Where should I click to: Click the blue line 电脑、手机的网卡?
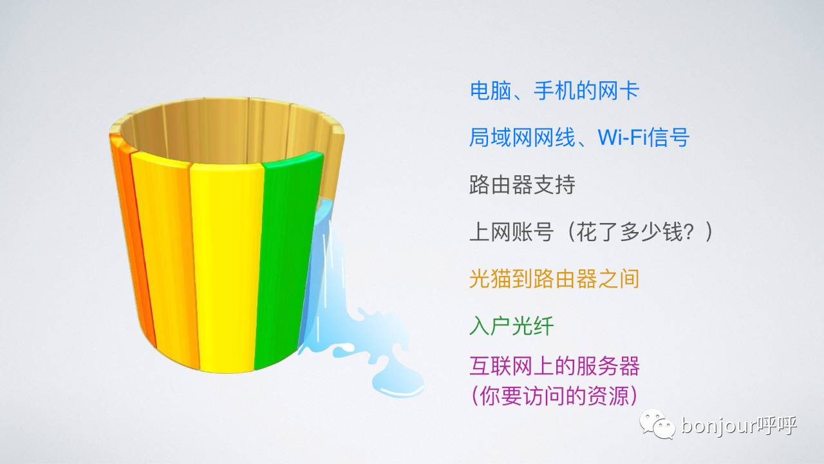554,91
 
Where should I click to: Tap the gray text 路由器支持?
522,186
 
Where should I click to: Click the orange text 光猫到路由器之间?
554,279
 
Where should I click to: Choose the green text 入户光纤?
511,326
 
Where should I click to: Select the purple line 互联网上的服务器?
554,367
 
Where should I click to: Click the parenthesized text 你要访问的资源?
554,396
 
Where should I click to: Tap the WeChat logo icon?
656,425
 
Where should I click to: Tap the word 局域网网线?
522,138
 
